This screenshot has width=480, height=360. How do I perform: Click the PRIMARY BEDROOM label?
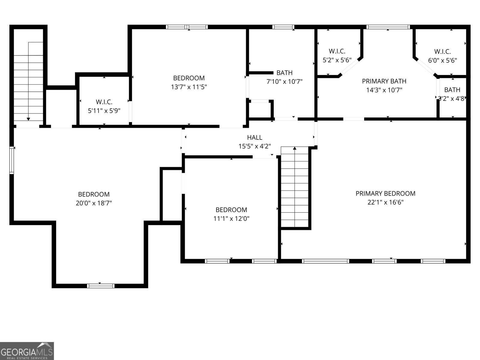click(x=385, y=193)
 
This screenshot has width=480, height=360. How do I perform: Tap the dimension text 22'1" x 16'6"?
click(x=385, y=202)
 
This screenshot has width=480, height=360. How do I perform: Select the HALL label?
click(x=254, y=137)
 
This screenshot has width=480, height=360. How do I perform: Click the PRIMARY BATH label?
click(x=384, y=81)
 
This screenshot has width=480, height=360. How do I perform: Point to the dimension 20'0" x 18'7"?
click(x=94, y=203)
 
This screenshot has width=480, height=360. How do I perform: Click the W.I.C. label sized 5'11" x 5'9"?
click(x=104, y=102)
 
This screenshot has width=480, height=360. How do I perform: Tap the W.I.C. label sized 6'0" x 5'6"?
click(x=442, y=52)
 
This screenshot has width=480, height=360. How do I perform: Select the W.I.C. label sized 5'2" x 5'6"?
click(x=337, y=51)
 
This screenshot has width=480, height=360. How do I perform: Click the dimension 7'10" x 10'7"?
click(x=284, y=81)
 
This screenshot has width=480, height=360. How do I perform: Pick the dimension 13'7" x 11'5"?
click(x=189, y=87)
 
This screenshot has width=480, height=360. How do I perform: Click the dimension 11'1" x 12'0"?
click(x=231, y=219)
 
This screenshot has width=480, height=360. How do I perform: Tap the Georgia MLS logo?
click(x=27, y=351)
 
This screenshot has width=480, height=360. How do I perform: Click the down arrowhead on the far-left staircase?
click(x=28, y=119)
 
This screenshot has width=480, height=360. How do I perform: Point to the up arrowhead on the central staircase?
click(x=295, y=148)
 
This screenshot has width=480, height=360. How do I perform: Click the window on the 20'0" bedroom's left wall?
click(x=12, y=160)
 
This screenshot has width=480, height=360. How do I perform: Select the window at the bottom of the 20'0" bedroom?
click(x=101, y=286)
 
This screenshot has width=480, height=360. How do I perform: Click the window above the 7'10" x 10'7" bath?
click(x=283, y=27)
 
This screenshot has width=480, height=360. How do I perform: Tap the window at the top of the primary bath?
click(x=388, y=27)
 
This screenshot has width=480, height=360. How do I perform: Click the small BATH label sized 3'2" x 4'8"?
click(x=452, y=90)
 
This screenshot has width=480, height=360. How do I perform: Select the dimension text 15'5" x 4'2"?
click(x=254, y=146)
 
